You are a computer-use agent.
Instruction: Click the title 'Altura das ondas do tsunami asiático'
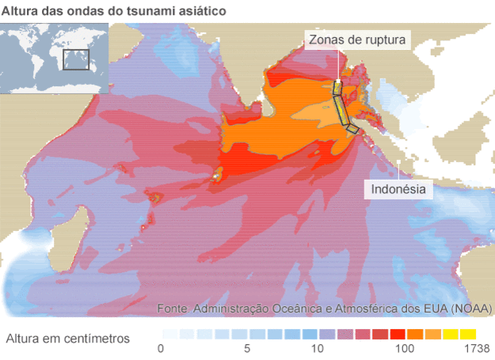[113, 11]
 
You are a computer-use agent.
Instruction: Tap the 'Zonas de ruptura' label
[358, 40]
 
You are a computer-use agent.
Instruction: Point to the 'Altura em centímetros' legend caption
[67, 339]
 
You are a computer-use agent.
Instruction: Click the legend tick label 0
[161, 348]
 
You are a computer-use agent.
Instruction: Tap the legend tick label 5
[247, 348]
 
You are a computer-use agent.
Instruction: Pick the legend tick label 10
[318, 348]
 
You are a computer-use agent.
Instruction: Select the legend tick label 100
[405, 348]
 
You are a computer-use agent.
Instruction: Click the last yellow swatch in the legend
[467, 333]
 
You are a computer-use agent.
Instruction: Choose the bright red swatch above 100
[398, 333]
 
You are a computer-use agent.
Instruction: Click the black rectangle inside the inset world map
[76, 59]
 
